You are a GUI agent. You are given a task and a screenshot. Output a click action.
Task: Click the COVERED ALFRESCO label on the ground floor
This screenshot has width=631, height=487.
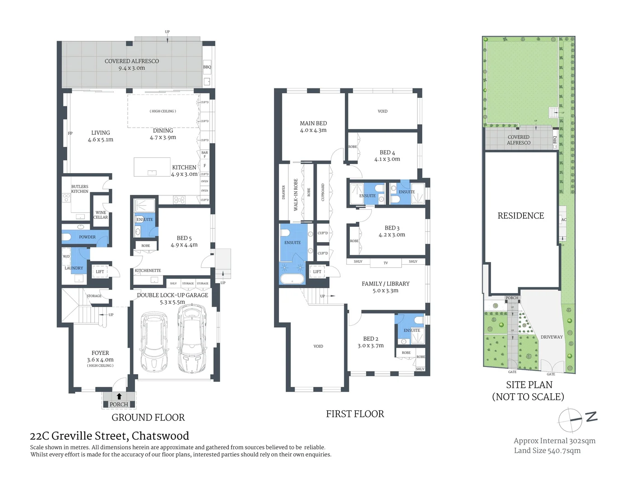click(x=132, y=61)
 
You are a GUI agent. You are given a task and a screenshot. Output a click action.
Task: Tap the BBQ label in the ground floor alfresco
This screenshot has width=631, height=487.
click(x=207, y=67)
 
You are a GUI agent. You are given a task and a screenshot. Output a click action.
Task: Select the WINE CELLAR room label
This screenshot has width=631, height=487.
click(x=101, y=215)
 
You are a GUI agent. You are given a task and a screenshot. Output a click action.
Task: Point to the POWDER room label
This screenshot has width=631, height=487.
click(x=87, y=237)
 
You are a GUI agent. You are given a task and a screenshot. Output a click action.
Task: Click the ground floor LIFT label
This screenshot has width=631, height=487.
click(x=100, y=272)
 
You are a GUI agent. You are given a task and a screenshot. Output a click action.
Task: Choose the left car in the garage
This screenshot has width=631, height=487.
click(x=154, y=342)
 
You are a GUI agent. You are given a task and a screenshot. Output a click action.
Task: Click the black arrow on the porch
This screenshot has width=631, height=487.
click(x=119, y=396)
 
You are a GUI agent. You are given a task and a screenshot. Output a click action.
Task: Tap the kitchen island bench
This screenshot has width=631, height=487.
click(x=152, y=167)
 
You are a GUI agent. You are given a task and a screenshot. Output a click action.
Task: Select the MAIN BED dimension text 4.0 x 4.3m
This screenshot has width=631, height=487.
click(x=313, y=130)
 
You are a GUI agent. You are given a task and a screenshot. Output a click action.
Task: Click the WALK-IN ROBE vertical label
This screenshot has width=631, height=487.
click(x=296, y=195)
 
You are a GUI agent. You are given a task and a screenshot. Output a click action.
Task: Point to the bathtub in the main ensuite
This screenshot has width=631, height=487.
click(x=292, y=278)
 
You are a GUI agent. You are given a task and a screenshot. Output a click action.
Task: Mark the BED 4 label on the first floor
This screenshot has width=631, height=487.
click(x=387, y=152)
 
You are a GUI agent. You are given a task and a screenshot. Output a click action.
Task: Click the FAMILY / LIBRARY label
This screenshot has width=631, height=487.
click(x=385, y=284)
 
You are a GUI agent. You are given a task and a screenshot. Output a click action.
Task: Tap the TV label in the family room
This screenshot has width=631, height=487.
click(x=385, y=263)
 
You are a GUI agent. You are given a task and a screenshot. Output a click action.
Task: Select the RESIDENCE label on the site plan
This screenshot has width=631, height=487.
click(x=520, y=216)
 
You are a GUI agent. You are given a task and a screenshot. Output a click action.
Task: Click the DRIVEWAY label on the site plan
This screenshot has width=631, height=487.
click(x=552, y=337)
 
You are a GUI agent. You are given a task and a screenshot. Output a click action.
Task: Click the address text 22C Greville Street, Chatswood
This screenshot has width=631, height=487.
click(x=109, y=436)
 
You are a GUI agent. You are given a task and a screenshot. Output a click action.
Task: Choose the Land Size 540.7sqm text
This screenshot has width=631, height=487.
click(x=547, y=450)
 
